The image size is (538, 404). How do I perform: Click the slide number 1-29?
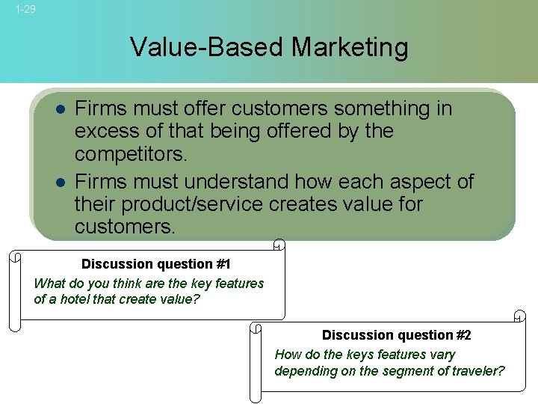[x=25, y=9]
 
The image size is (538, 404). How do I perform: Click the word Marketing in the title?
[x=350, y=47]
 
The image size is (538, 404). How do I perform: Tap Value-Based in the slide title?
[x=207, y=47]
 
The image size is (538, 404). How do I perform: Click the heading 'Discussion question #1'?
[x=156, y=264]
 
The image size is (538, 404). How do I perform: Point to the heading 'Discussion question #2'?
[x=397, y=335]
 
